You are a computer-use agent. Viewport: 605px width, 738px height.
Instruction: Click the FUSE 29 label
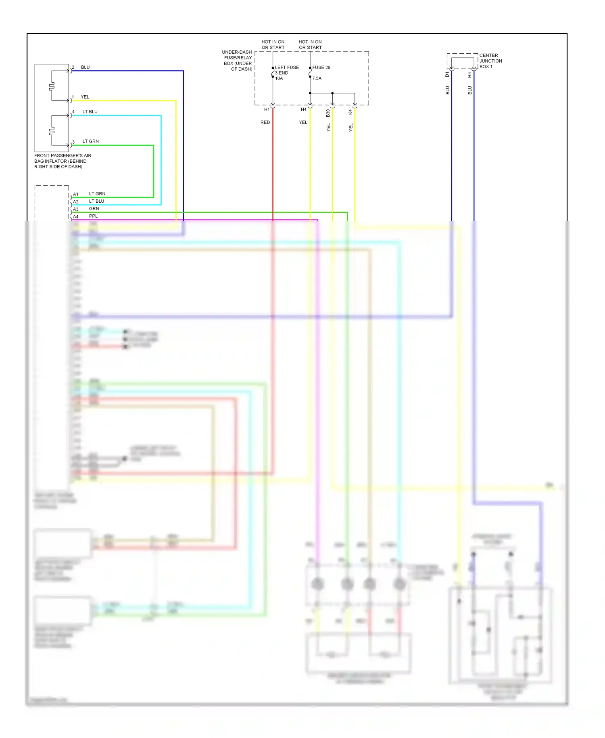click(321, 67)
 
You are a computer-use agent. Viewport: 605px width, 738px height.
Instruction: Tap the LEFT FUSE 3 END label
click(287, 70)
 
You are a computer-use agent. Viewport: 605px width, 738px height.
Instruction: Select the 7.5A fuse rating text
click(317, 78)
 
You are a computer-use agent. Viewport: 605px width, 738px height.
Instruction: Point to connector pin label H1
click(267, 109)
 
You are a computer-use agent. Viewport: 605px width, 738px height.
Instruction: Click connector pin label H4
click(304, 109)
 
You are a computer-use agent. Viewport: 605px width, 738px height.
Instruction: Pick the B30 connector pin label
click(328, 113)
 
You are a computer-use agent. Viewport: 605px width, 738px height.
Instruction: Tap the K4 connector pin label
click(350, 112)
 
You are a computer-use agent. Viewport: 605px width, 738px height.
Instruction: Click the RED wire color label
click(265, 122)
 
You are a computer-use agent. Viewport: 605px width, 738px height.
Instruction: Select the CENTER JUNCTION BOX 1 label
click(490, 61)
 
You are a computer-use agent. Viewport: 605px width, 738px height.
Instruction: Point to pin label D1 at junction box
click(447, 75)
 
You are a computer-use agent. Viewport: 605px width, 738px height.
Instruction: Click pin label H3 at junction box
click(469, 75)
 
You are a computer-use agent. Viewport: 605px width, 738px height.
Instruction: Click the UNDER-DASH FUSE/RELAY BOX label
click(238, 61)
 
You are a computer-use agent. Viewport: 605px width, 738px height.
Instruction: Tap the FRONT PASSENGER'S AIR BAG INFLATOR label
click(63, 161)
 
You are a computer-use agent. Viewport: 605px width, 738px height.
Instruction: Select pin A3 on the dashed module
click(75, 209)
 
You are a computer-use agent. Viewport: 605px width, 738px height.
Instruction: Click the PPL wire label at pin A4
click(93, 216)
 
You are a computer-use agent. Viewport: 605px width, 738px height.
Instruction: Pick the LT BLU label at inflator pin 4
click(90, 111)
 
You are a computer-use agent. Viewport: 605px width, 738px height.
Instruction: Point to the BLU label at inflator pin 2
click(85, 67)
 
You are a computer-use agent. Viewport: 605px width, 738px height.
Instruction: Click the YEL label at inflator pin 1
click(85, 97)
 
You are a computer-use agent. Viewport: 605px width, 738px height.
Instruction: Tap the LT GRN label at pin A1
click(97, 194)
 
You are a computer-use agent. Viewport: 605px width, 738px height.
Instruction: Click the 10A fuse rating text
click(279, 78)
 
